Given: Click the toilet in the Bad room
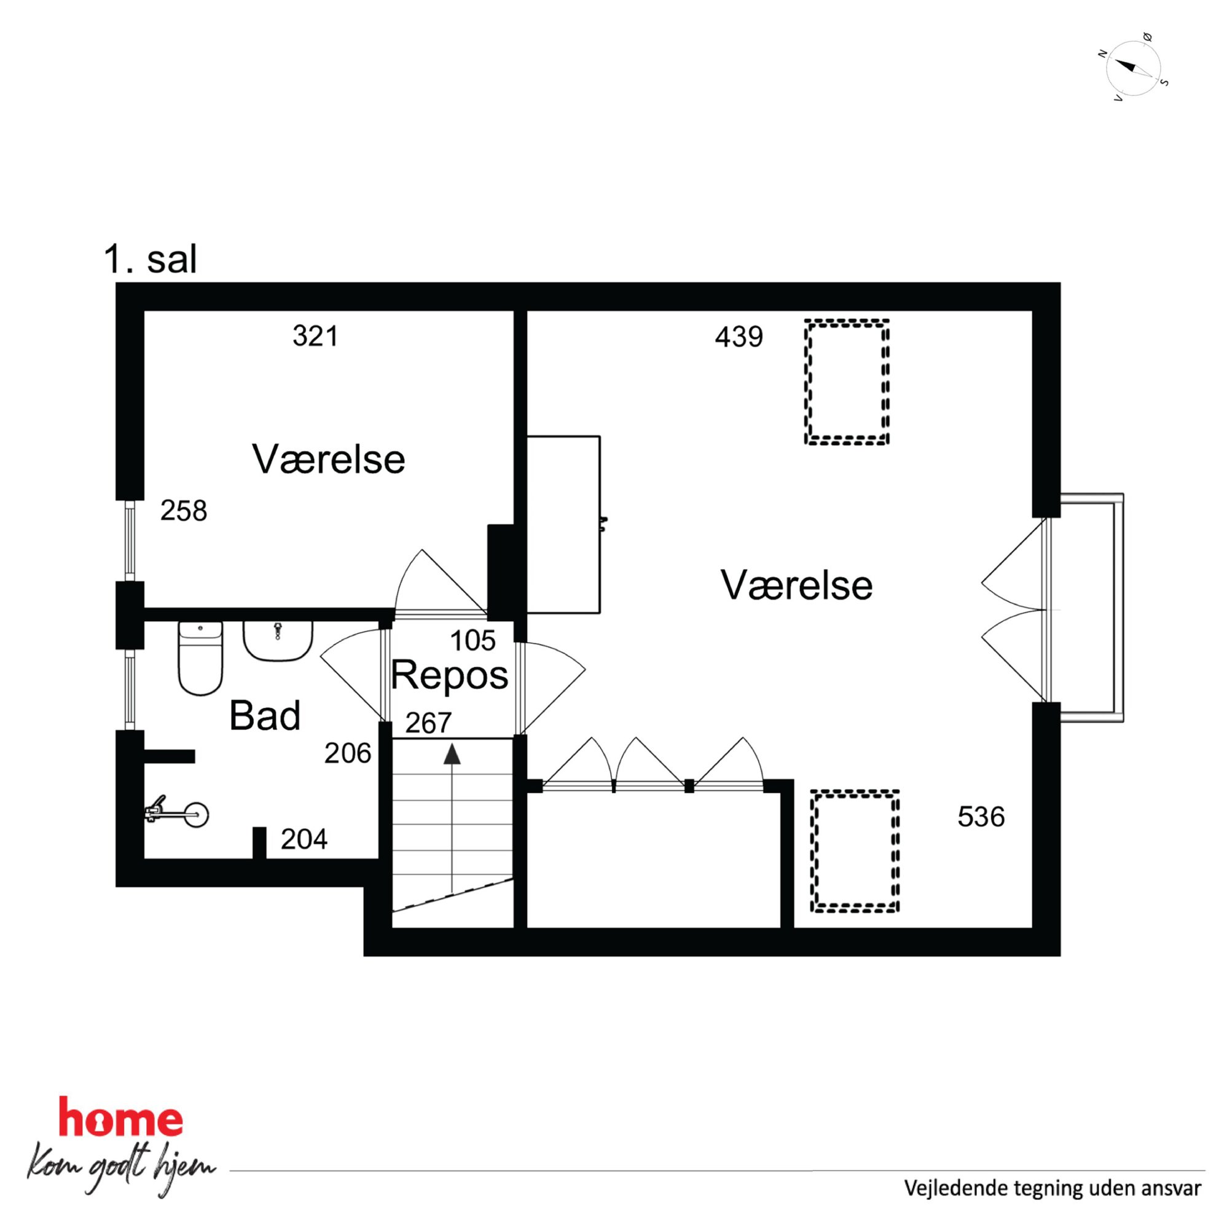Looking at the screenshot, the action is click(201, 657).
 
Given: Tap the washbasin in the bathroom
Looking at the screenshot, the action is click(278, 640).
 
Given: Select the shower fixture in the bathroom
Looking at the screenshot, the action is click(178, 814).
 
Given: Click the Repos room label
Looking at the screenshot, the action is click(449, 676).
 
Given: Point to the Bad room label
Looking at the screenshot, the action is click(264, 716).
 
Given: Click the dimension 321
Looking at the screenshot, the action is click(315, 335).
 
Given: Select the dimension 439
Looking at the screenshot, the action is click(739, 337).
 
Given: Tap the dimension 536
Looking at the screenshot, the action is click(981, 817).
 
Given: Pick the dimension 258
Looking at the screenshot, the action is click(184, 511).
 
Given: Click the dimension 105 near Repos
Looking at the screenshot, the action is click(472, 641).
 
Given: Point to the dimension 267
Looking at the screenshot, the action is click(428, 723).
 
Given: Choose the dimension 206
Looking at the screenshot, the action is click(348, 753).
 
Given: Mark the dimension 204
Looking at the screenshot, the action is click(304, 839).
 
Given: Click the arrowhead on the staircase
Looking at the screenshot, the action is click(452, 755).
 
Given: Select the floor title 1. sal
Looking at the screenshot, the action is click(150, 259).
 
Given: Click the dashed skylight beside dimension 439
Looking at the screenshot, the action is click(847, 383).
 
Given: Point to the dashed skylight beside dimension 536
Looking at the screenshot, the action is click(854, 851).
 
